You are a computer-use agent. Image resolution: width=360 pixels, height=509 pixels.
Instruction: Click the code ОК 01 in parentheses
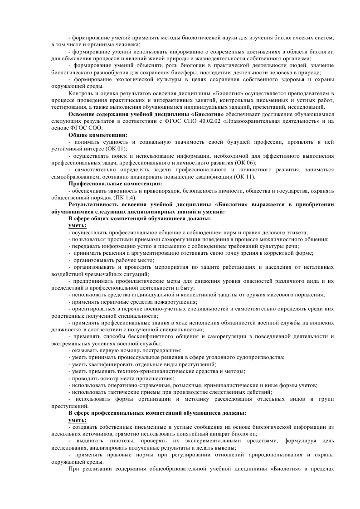point(117,149)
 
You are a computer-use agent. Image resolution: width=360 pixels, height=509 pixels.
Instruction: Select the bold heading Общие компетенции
point(97,135)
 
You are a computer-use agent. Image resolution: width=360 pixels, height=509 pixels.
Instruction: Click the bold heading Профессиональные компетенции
point(115,184)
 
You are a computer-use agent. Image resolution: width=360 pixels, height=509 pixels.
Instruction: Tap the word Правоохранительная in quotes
point(257,121)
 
